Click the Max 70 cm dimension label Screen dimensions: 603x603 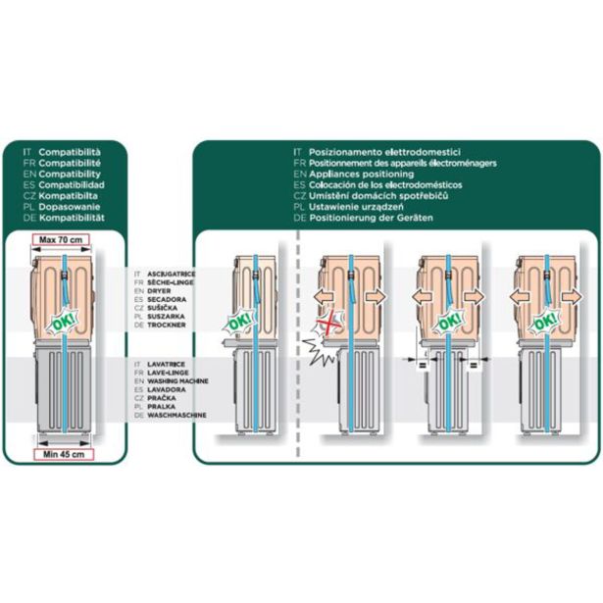click(x=61, y=238)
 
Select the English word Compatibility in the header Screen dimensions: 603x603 click(x=72, y=174)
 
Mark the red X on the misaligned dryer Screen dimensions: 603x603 click(x=333, y=324)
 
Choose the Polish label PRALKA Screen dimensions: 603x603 click(x=161, y=406)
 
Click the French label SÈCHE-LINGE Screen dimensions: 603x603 click(x=168, y=281)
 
